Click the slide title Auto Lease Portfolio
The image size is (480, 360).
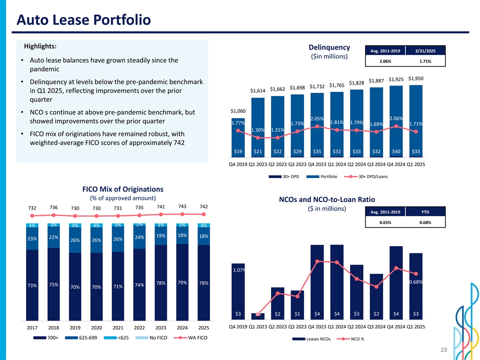click(83, 20)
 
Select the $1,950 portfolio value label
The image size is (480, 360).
click(415, 78)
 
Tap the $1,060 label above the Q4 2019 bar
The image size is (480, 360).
click(238, 110)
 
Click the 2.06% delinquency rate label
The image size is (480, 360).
click(395, 118)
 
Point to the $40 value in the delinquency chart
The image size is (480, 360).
click(395, 151)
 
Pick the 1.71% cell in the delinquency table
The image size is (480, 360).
click(423, 61)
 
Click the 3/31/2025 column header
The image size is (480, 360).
click(423, 51)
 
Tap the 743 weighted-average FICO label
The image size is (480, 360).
click(182, 206)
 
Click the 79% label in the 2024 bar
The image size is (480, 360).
click(182, 282)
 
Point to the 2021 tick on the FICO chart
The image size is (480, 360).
click(118, 328)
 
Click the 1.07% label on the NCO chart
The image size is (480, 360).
click(238, 270)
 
